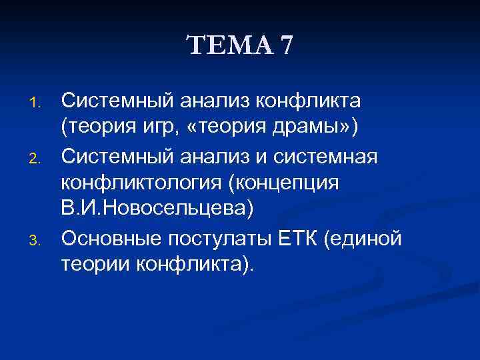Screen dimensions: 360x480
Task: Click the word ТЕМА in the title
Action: coord(228,46)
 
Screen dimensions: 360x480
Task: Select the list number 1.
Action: coord(37,103)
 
